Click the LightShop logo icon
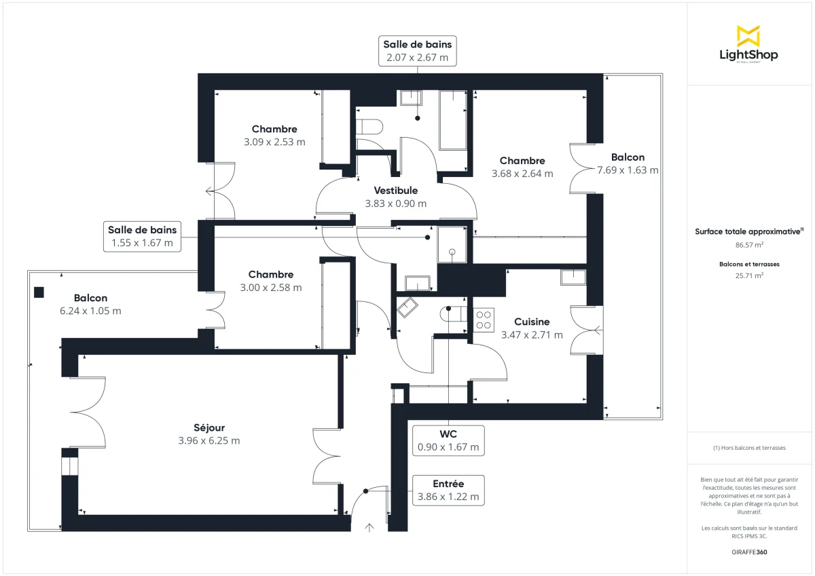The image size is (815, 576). pyautogui.click(x=748, y=35)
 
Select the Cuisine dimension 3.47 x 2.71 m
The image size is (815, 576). pyautogui.click(x=532, y=335)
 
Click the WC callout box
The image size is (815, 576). pyautogui.click(x=448, y=440)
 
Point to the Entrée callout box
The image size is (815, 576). pyautogui.click(x=448, y=490)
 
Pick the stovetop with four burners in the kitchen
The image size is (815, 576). pyautogui.click(x=484, y=320)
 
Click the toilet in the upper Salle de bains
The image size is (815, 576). pyautogui.click(x=370, y=127)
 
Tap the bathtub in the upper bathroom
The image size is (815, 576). pyautogui.click(x=453, y=120)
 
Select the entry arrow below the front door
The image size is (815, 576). pyautogui.click(x=369, y=528)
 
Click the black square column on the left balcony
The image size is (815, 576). pyautogui.click(x=39, y=293)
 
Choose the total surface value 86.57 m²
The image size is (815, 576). pyautogui.click(x=749, y=245)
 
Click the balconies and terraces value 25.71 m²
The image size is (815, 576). pyautogui.click(x=749, y=276)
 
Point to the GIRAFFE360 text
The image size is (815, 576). pyautogui.click(x=749, y=552)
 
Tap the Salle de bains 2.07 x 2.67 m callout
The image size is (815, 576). pyautogui.click(x=417, y=52)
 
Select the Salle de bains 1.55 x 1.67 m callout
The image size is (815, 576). pyautogui.click(x=142, y=236)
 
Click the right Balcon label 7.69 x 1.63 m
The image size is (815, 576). pyautogui.click(x=628, y=164)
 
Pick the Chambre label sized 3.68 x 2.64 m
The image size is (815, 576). pyautogui.click(x=522, y=167)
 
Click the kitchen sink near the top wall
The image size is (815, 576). pyautogui.click(x=573, y=276)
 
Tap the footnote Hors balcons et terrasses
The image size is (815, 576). pyautogui.click(x=749, y=448)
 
